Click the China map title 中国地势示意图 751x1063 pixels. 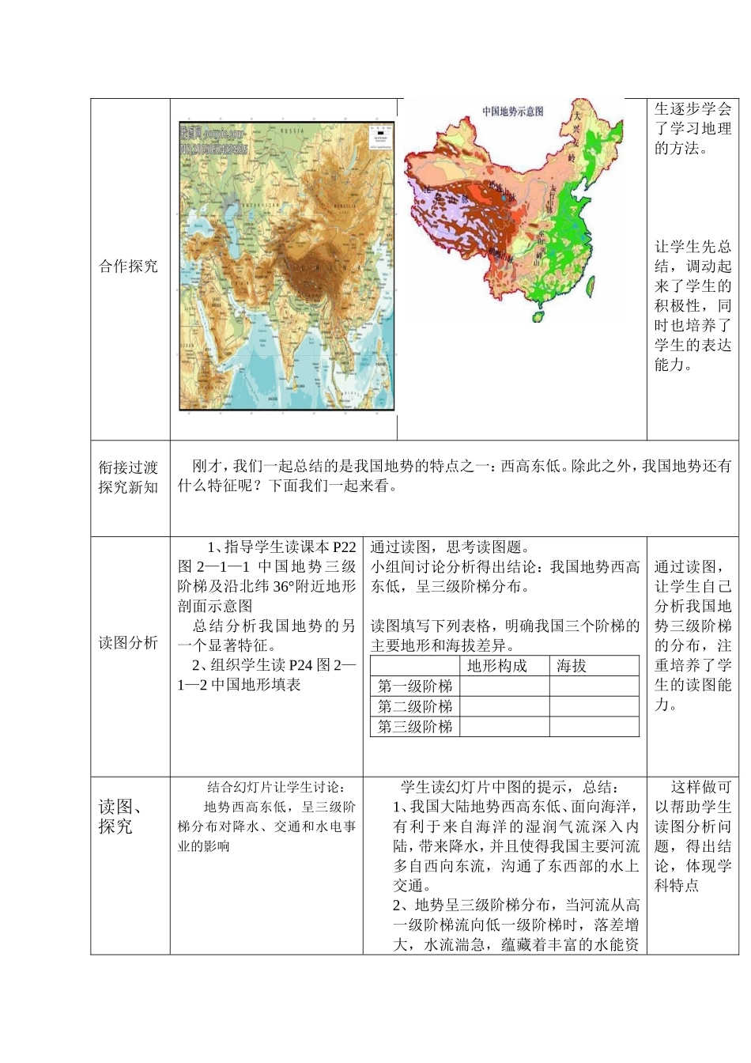coord(512,112)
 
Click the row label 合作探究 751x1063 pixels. coord(128,267)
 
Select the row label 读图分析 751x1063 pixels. coord(128,643)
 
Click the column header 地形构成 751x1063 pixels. coord(496,666)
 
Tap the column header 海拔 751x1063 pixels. coord(572,666)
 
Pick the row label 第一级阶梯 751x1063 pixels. coord(414,686)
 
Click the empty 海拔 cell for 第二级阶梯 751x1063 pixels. coord(594,706)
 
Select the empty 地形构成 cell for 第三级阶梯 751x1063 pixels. coord(504,727)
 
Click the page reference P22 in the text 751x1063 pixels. coord(345,547)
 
